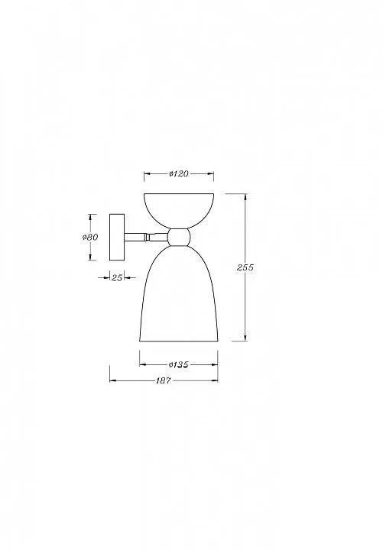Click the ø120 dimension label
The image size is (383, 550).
point(179,173)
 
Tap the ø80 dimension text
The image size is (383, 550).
point(90,237)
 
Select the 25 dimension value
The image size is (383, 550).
point(117,277)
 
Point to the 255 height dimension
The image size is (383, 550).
point(245,267)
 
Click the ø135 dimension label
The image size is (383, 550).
point(179,365)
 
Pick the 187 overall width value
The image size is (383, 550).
point(164,380)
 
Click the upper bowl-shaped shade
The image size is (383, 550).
point(179,211)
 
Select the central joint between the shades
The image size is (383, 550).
point(179,237)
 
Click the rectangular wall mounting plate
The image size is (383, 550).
point(117,237)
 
